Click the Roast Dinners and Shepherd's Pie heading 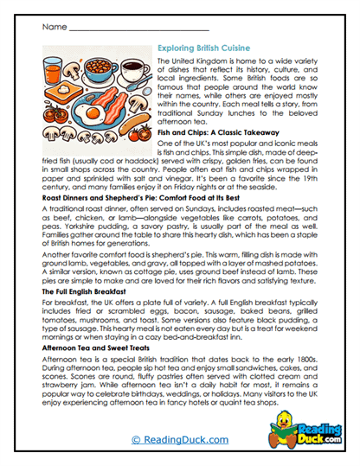[x=138, y=198]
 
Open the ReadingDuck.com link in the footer [x=179, y=441]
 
